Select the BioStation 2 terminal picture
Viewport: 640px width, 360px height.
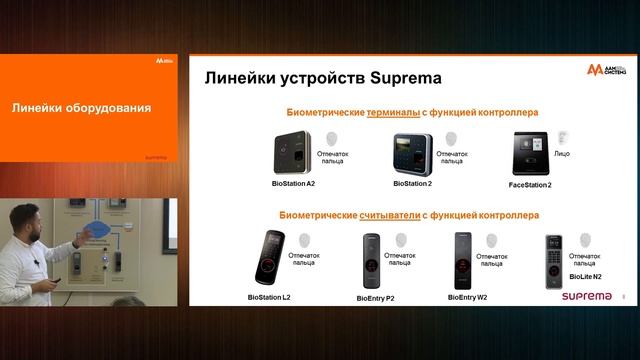(x=411, y=154)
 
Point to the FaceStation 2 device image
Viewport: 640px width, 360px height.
(x=530, y=153)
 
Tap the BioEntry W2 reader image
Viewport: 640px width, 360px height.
(x=463, y=260)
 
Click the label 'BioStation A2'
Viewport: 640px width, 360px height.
(x=293, y=184)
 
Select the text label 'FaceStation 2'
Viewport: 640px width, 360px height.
(x=530, y=185)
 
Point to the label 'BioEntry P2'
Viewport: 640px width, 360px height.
(x=376, y=297)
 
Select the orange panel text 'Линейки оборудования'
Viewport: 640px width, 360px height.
(x=81, y=108)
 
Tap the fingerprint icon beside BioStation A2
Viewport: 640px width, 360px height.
(x=333, y=139)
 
